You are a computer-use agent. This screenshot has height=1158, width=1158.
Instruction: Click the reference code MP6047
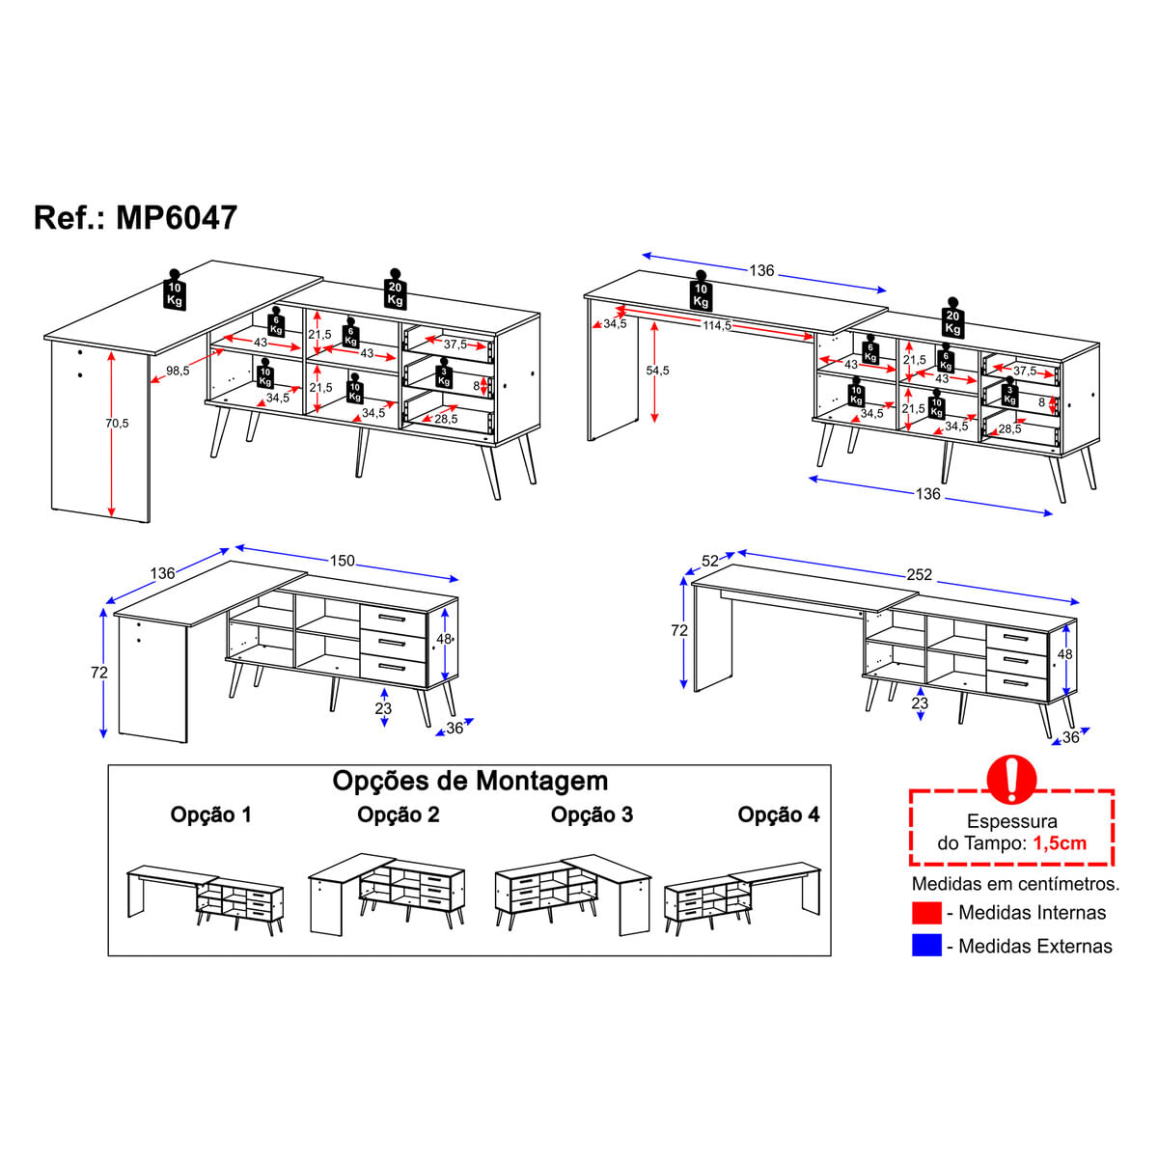pos(177,217)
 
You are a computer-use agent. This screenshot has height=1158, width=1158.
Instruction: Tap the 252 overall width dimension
pos(919,575)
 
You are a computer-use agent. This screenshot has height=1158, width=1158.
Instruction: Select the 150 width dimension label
pos(342,561)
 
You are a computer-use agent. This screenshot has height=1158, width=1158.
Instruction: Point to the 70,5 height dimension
pos(117,423)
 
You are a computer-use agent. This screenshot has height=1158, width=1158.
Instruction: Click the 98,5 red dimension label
pos(178,371)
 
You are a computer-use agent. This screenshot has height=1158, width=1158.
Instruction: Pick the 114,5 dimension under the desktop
pos(718,326)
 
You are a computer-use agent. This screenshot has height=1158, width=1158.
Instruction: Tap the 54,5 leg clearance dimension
pos(657,371)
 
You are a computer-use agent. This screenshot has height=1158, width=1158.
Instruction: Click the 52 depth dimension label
pos(710,561)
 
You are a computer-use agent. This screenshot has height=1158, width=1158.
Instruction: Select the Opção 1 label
pos(211,814)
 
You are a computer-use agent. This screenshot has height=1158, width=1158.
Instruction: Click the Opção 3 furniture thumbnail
pos(572,894)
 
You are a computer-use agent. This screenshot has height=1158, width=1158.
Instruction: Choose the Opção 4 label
pos(778,814)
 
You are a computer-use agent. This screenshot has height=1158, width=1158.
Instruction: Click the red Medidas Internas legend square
pos(926,912)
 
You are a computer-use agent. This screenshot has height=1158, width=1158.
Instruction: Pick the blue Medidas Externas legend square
pos(926,946)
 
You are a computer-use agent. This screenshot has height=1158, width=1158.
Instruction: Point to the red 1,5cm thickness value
pos(1060,843)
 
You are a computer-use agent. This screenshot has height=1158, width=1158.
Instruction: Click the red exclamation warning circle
pos(1011,780)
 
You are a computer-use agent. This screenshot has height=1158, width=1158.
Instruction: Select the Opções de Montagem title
pos(470,782)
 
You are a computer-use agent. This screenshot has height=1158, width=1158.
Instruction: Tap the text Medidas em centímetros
pos(1015,883)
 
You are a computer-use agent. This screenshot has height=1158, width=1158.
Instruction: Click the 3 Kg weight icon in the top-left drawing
pos(444,373)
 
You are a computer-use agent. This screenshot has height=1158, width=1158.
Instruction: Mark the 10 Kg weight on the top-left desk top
pos(175,290)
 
